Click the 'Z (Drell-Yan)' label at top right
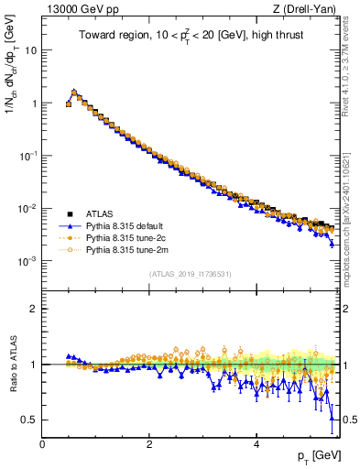point(309,9)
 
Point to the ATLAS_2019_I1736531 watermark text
point(191,274)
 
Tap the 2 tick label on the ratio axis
point(33,309)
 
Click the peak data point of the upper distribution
point(74,92)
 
